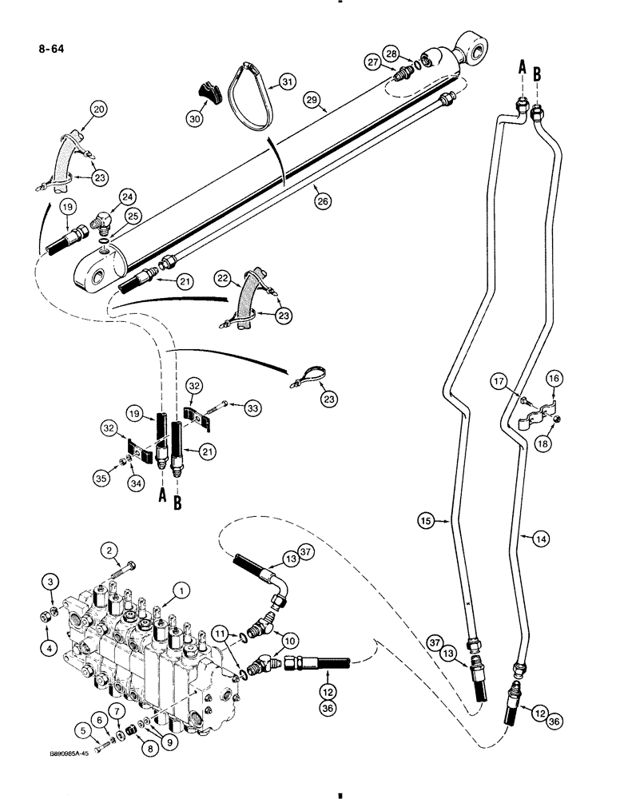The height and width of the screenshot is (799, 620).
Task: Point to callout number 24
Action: point(127,195)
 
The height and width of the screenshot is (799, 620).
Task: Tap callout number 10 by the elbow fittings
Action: point(288,641)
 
